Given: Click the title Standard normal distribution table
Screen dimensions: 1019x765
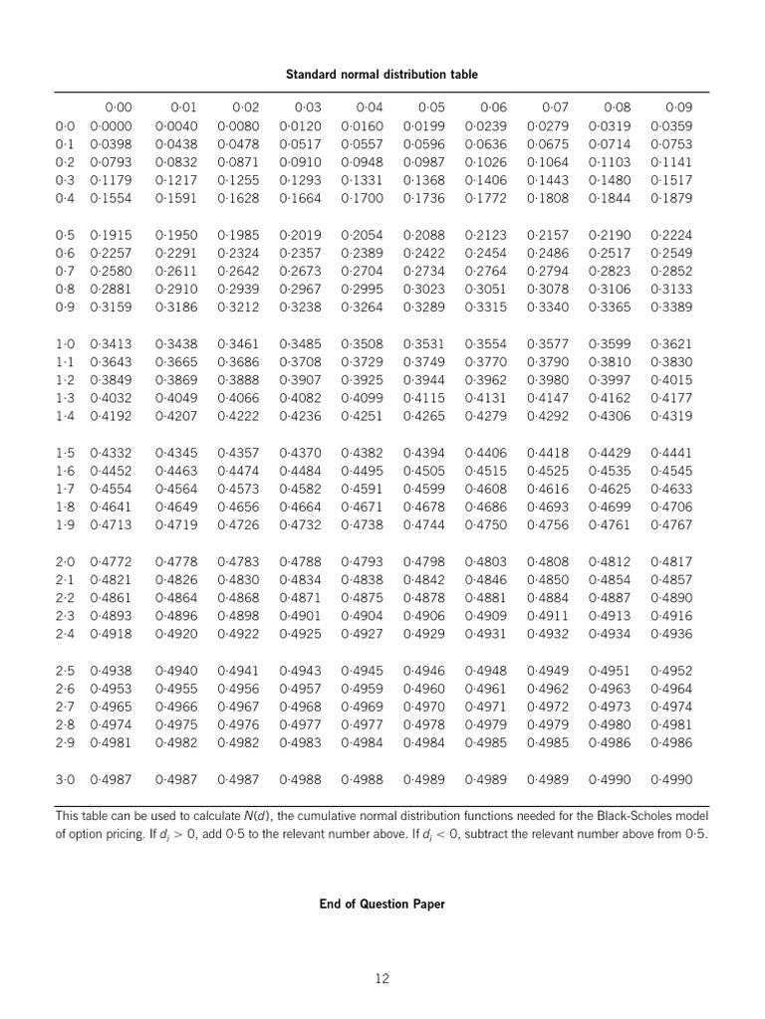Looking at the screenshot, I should [x=382, y=75].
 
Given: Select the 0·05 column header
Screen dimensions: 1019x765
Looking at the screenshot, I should [x=431, y=107].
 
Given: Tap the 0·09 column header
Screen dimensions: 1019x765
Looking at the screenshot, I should [x=678, y=107].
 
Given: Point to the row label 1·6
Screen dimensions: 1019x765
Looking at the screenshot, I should [x=65, y=472].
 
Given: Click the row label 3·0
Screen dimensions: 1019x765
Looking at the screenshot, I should [x=65, y=779].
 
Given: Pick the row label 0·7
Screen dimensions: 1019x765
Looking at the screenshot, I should [x=65, y=271].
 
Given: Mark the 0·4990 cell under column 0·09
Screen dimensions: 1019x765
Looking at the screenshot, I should [x=670, y=779].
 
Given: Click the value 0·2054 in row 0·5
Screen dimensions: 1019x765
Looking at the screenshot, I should [x=362, y=235].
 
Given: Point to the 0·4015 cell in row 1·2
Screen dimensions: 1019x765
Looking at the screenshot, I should [x=670, y=379].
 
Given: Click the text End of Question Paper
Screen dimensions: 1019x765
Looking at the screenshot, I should [x=382, y=905].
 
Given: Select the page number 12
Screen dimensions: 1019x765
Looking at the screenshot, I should [x=382, y=979].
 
